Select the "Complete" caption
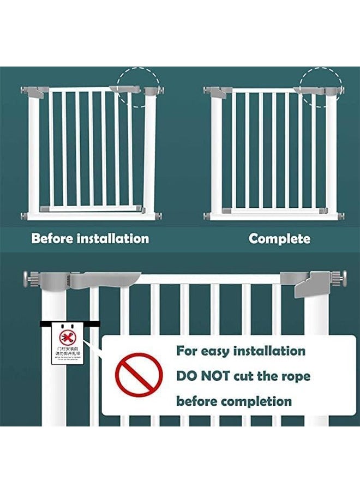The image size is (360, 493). point(279,238)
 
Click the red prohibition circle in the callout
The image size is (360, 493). point(139,376)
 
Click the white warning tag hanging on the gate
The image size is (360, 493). point(67,343)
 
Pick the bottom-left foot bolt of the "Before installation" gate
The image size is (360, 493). point(25,216)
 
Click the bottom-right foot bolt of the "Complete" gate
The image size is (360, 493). point(342,216)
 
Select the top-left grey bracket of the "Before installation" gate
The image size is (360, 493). point(35,91)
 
